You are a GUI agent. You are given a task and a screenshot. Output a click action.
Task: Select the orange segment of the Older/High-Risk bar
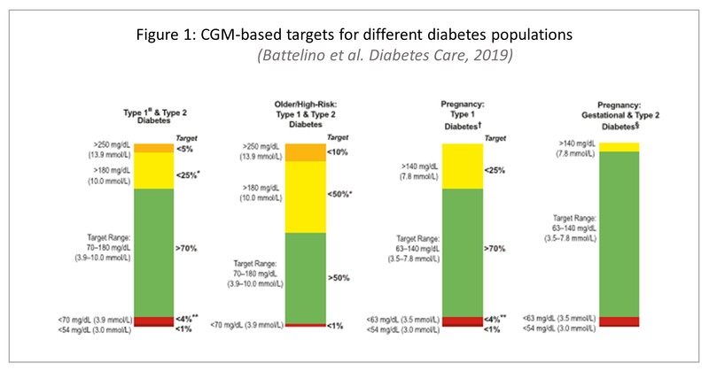[x=306, y=152]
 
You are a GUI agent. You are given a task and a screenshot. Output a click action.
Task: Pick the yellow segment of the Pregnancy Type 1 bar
[x=463, y=166]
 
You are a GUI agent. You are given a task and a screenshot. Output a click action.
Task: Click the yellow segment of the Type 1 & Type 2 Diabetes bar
[x=153, y=171]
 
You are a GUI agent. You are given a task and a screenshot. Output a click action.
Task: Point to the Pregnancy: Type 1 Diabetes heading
[x=462, y=115]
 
